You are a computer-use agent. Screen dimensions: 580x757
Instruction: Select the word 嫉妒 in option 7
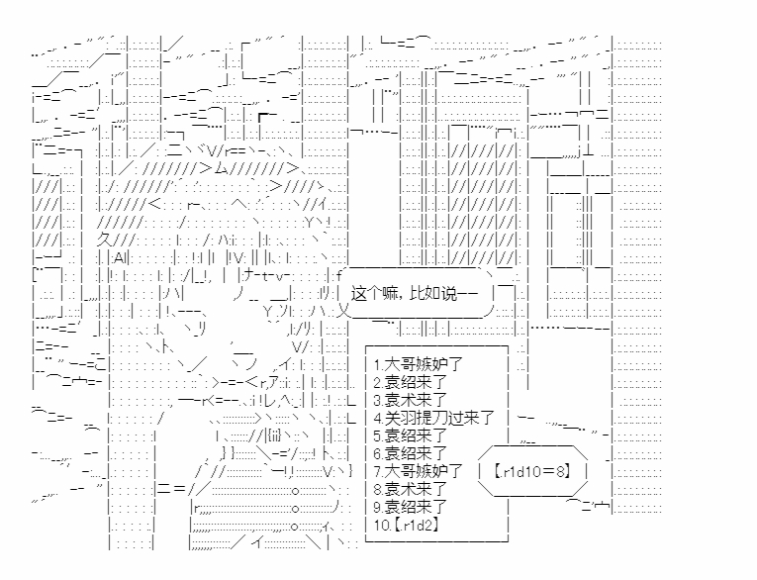tap(426, 470)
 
